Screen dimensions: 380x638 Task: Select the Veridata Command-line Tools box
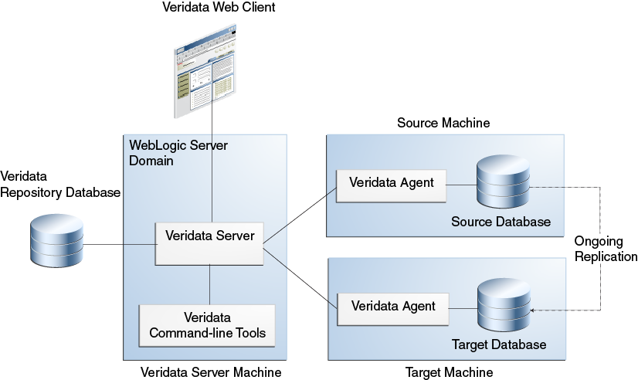(x=207, y=325)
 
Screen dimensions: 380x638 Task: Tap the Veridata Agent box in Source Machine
(x=392, y=185)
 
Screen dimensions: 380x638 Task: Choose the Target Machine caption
(x=449, y=373)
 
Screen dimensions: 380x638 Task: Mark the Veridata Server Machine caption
(x=211, y=373)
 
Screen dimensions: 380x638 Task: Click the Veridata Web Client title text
(x=219, y=8)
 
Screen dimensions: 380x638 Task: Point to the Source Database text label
(x=501, y=222)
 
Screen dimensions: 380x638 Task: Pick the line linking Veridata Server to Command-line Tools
(x=209, y=284)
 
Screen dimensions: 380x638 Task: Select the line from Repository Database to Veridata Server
(x=120, y=245)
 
